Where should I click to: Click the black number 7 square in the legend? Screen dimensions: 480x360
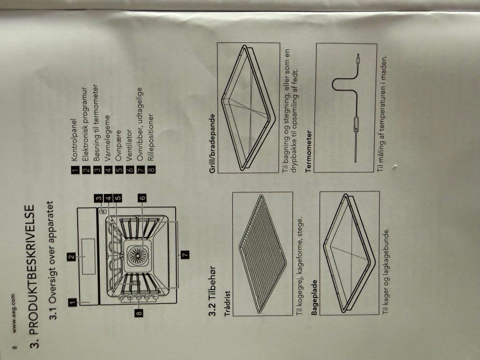140,169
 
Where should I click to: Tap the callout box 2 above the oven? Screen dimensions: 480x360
71,256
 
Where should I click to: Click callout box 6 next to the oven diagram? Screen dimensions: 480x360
142,198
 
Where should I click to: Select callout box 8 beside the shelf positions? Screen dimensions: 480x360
138,313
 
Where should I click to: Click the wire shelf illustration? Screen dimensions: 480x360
262,254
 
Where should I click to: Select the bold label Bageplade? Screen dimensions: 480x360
314,297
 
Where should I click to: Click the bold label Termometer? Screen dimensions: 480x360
309,151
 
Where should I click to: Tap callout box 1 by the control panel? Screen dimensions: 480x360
72,302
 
